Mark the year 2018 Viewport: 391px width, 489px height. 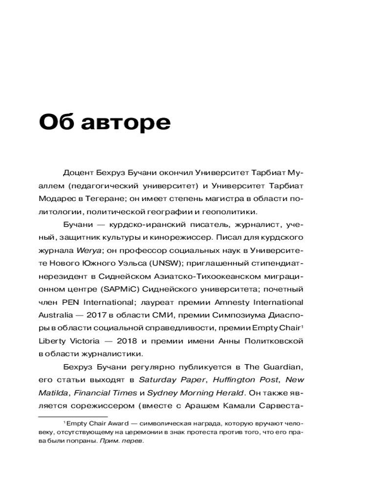click(134, 340)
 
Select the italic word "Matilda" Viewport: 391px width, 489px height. click(53, 392)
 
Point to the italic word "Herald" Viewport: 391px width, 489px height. click(226, 392)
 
